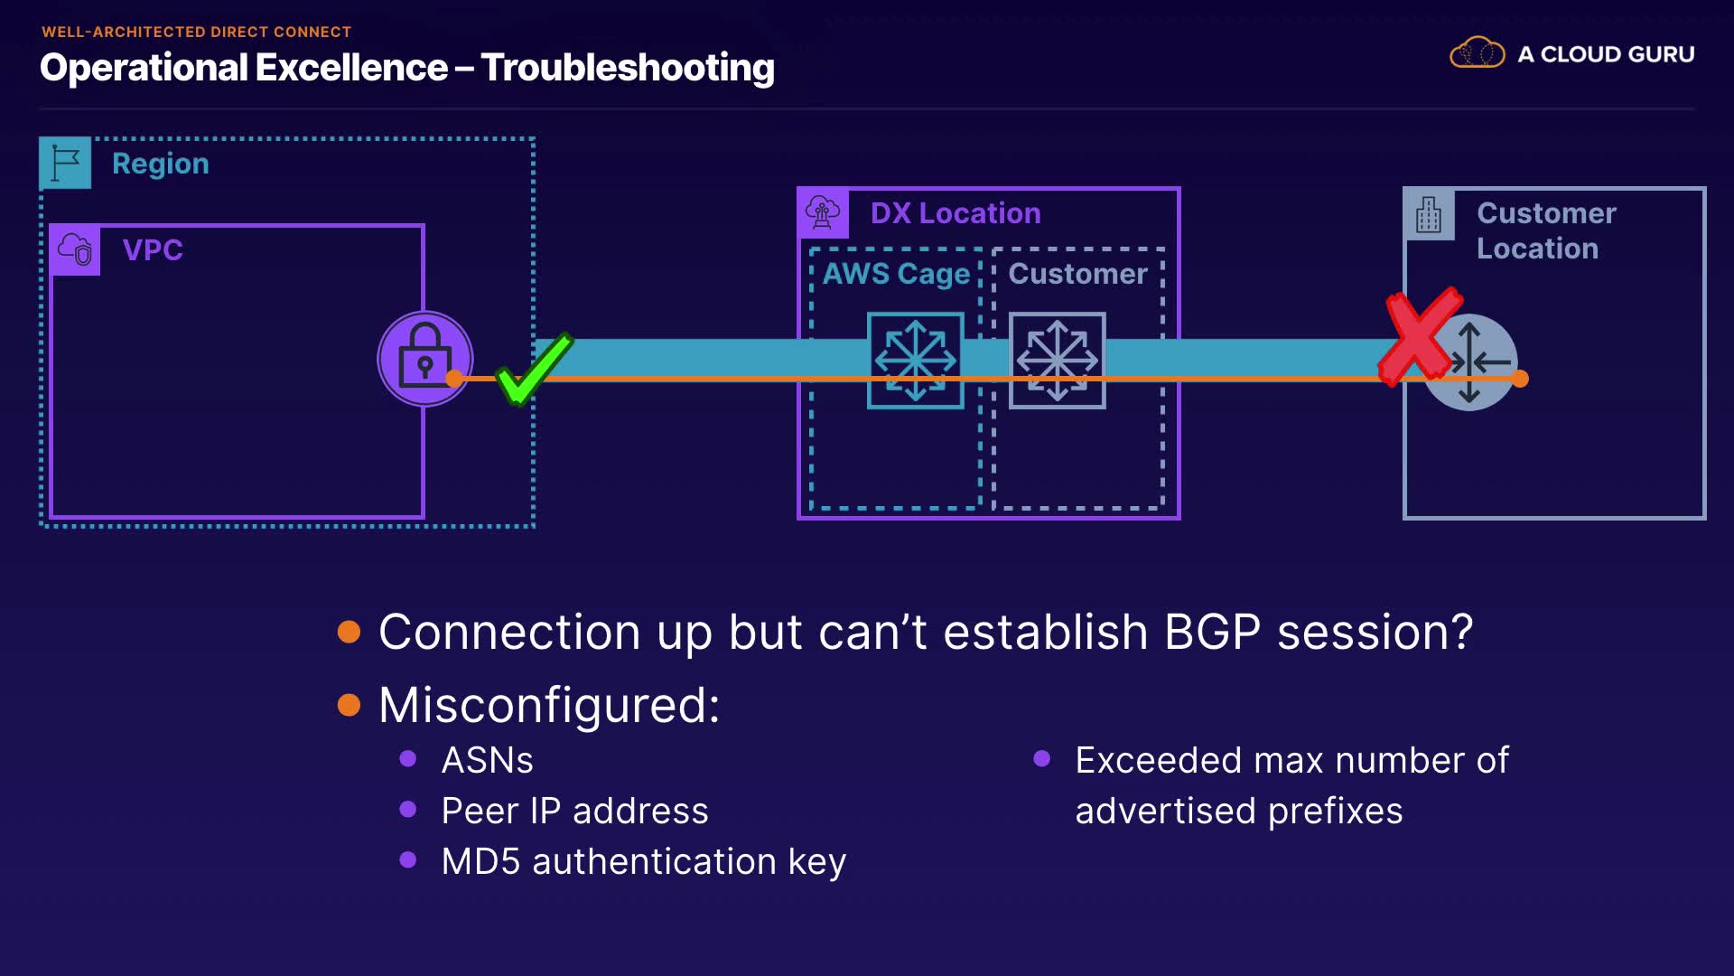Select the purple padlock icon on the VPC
tap(424, 358)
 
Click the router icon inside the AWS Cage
tap(915, 360)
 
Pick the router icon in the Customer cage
tap(1057, 360)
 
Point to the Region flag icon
tap(65, 163)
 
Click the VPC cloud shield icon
tap(75, 249)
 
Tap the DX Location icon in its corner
tap(823, 213)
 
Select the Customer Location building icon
tap(1429, 214)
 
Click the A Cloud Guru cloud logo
tap(1477, 53)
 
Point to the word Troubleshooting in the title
tap(628, 68)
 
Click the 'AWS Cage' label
tap(896, 273)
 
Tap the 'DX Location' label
tap(956, 213)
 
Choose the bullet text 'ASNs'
tap(487, 760)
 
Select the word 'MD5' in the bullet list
tap(480, 861)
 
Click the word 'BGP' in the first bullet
tap(1212, 631)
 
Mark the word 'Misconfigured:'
tap(549, 705)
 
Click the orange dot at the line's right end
tap(1520, 379)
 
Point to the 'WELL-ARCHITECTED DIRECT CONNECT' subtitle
tap(196, 32)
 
